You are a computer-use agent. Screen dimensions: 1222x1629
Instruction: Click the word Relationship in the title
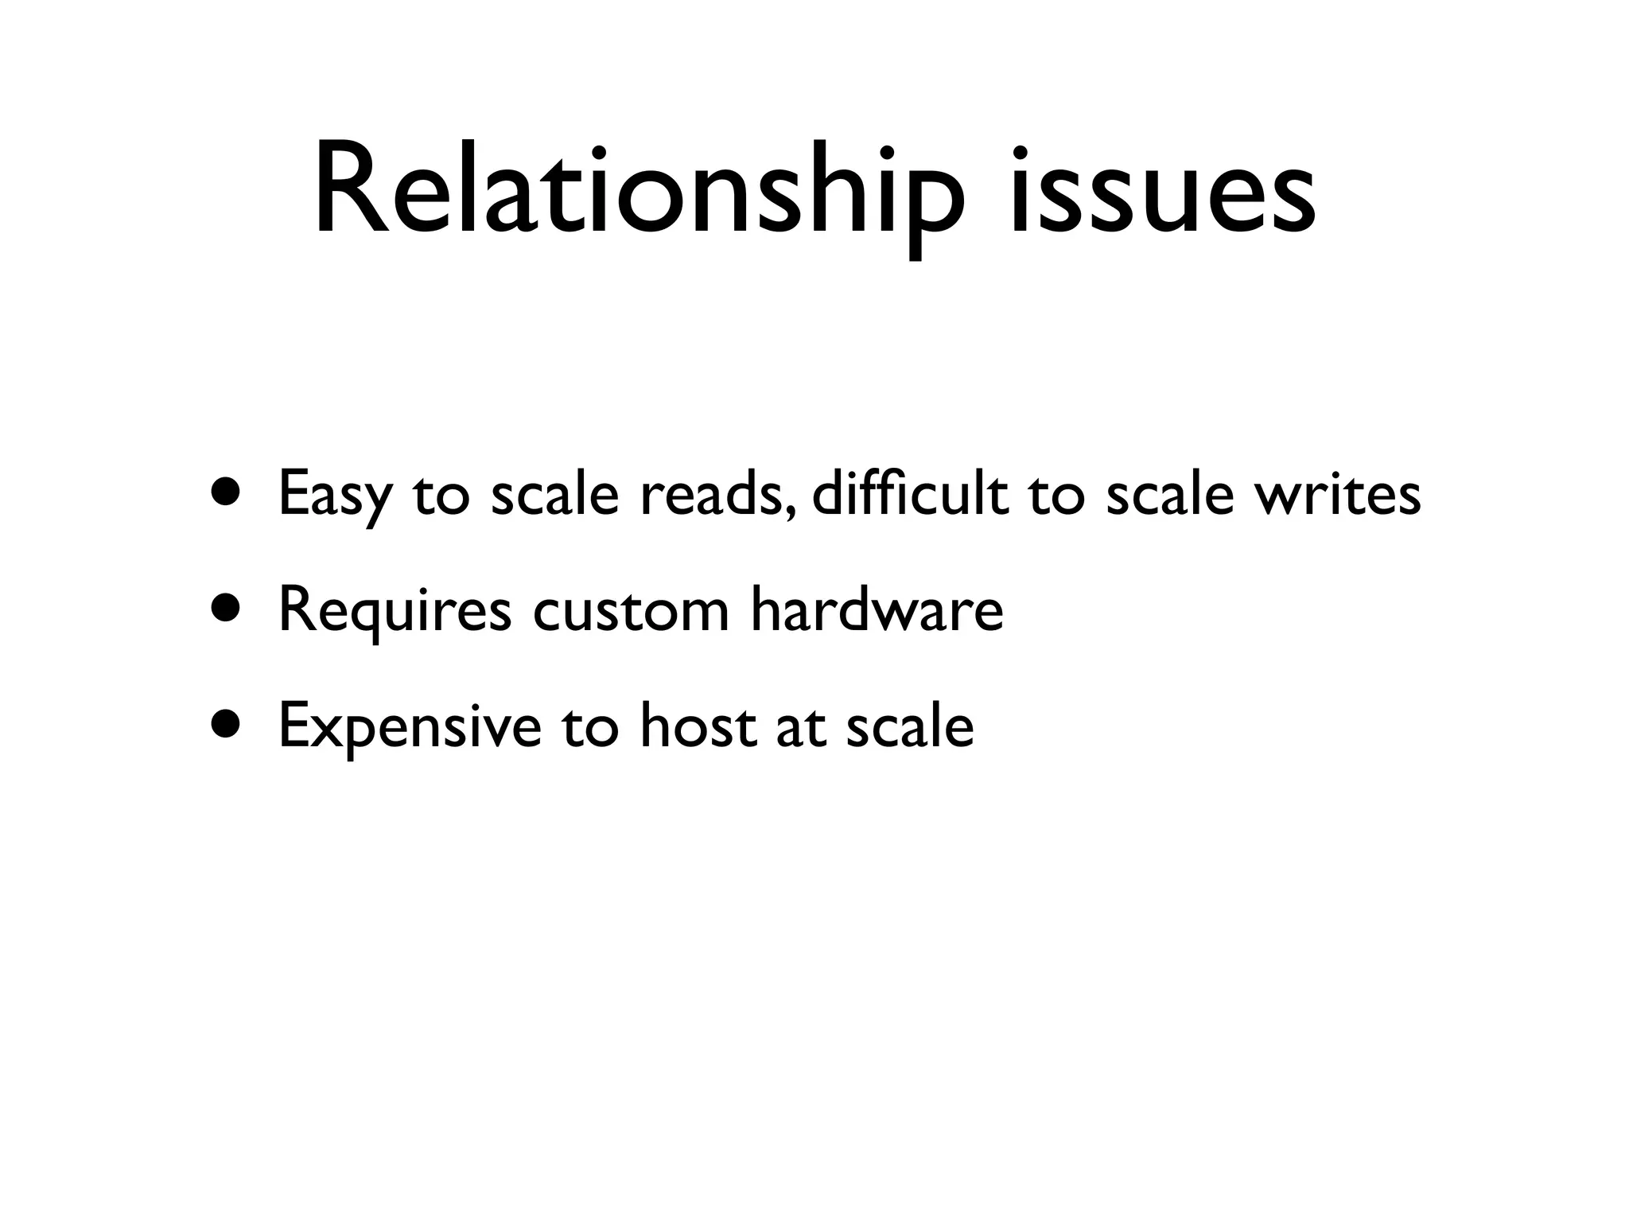click(x=638, y=191)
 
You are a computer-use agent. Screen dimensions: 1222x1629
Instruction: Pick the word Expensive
click(x=409, y=727)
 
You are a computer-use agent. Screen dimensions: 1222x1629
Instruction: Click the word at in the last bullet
click(x=799, y=727)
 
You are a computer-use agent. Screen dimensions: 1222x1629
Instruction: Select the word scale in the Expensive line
click(x=909, y=726)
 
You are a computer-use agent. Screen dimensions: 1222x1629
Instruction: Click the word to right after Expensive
click(x=589, y=727)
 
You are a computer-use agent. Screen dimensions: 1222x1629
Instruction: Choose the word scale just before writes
click(x=1170, y=493)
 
